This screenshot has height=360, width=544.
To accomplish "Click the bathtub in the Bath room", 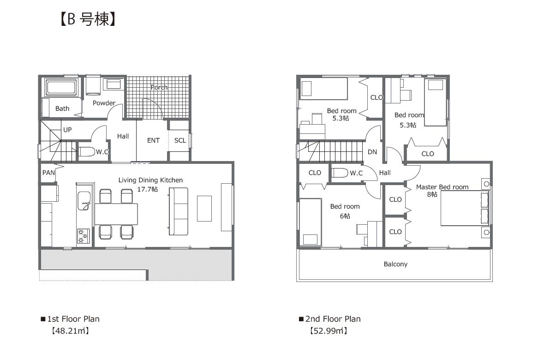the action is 61,87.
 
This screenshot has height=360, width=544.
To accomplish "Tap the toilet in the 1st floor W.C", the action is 87,152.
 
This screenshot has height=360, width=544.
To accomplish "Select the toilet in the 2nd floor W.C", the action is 340,173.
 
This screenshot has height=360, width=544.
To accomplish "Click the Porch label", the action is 159,87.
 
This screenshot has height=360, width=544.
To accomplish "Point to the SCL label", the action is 180,140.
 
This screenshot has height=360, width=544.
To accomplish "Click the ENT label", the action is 153,140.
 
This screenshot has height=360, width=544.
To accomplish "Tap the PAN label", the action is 48,173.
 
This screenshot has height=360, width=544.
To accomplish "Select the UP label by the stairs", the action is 67,130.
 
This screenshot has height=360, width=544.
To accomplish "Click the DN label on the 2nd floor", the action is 372,152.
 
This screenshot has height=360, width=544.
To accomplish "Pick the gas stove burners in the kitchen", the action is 83,236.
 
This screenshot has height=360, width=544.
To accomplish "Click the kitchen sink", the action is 84,201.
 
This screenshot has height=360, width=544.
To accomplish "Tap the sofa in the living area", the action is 178,211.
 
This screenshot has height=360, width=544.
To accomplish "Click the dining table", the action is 116,214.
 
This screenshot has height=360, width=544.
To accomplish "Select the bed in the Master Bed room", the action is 465,208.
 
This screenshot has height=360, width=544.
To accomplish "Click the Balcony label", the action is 395,264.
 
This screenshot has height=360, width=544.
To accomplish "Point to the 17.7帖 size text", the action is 148,189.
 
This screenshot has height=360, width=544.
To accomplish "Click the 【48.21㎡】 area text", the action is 71,330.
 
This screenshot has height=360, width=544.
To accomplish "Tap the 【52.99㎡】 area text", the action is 329,330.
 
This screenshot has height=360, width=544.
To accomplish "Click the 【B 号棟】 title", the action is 87,19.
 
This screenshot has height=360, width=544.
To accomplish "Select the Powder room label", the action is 104,103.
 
